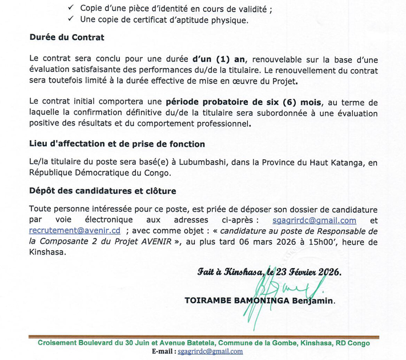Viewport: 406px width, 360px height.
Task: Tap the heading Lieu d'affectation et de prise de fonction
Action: click(x=117, y=144)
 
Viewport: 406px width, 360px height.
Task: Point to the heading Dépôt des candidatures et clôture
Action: click(x=103, y=190)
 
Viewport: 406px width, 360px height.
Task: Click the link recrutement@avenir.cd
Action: click(x=75, y=230)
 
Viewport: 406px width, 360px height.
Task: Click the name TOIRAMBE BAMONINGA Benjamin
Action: click(x=260, y=300)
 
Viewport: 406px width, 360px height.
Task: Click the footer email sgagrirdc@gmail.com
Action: click(x=210, y=351)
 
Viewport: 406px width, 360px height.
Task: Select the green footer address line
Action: click(x=204, y=343)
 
